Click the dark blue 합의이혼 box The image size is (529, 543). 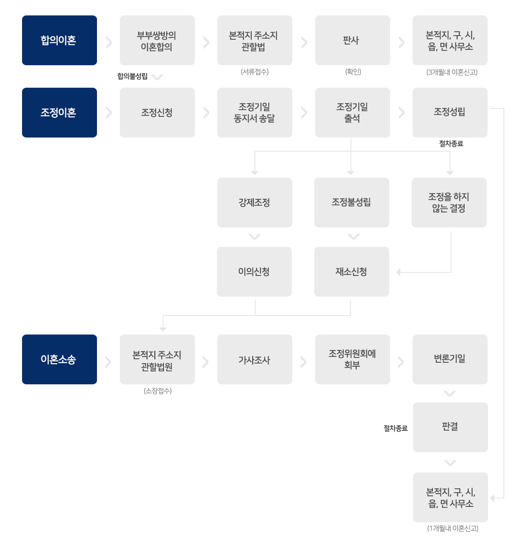coord(60,40)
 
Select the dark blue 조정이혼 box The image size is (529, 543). coord(60,112)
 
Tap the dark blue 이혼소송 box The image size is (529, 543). coord(60,359)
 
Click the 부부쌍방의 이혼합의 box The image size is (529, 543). coord(157,40)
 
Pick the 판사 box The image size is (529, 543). coord(352,40)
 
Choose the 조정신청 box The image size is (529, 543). coord(157,112)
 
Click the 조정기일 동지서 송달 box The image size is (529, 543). coord(255,112)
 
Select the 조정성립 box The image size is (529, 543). coord(450,112)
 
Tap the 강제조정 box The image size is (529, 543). coord(255,202)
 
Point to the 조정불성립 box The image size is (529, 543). coord(351,202)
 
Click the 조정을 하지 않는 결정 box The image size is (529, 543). coord(449,202)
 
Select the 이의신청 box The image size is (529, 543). coord(254,271)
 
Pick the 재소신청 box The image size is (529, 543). coord(351,271)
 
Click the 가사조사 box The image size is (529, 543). coord(255,359)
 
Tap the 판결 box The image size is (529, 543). coord(450,427)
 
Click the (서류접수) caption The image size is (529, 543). coord(255,72)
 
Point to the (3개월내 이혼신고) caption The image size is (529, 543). coord(452,72)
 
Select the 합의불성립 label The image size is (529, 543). coord(132,76)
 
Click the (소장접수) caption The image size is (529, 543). coord(158,391)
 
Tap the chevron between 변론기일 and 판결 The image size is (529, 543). coord(450,394)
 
